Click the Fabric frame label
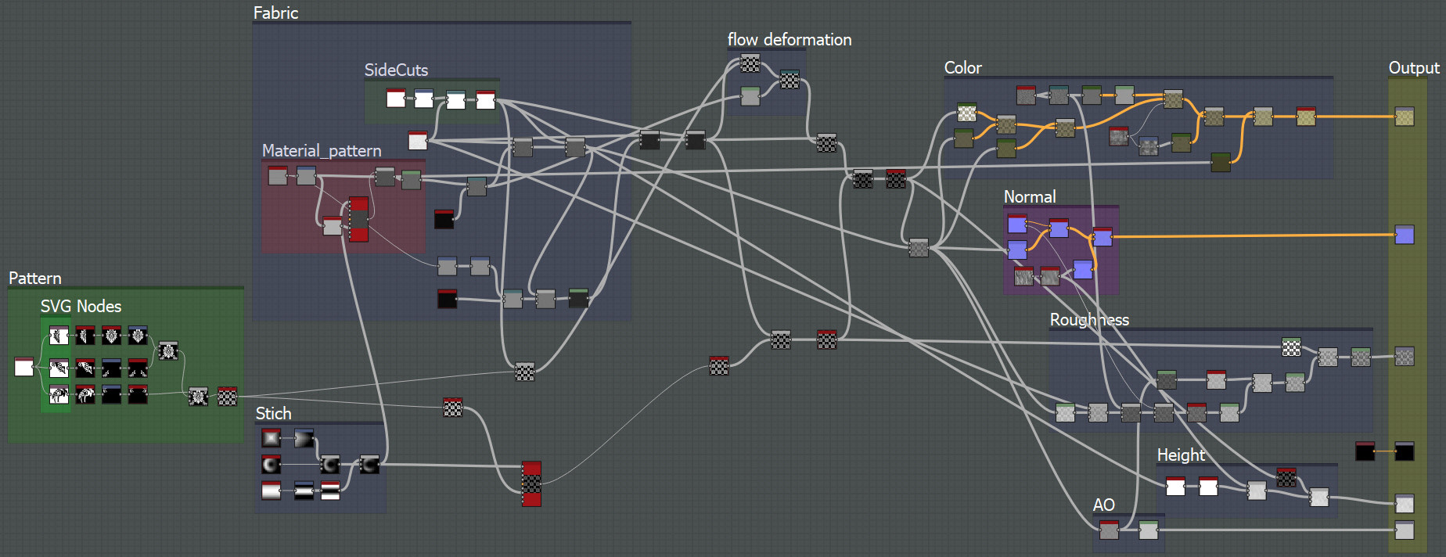(275, 13)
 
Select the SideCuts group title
(396, 70)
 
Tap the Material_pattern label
(322, 151)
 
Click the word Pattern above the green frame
(35, 278)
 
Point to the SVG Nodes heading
(81, 307)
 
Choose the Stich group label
(273, 414)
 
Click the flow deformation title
(790, 40)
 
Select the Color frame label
(962, 68)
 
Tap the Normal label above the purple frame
(1030, 197)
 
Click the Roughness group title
(1089, 320)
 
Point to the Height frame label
(1181, 455)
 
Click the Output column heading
(1414, 68)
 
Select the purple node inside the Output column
(1405, 235)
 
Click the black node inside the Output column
(1405, 451)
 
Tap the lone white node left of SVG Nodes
(24, 367)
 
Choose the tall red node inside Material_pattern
(358, 219)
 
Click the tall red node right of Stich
(531, 483)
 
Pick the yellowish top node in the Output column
(1405, 117)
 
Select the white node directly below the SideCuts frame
(418, 141)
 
